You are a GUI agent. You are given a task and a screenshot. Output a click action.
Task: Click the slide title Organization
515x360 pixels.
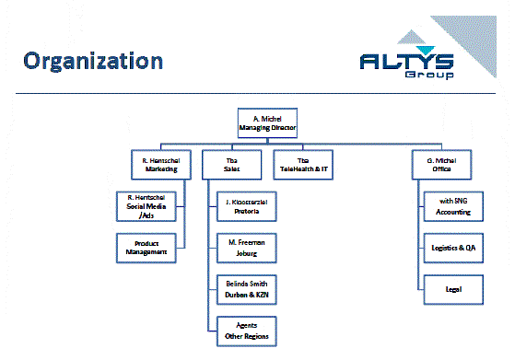(x=94, y=62)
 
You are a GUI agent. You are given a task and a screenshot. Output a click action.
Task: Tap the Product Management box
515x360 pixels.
(x=146, y=246)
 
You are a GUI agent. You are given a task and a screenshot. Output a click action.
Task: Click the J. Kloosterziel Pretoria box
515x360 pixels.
(x=246, y=205)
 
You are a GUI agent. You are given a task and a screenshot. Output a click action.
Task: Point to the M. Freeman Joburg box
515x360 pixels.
(x=246, y=246)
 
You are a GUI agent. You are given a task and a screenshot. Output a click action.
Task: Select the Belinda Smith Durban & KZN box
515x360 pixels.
(x=246, y=289)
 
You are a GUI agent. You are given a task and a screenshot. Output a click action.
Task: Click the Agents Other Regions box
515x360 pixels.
(x=246, y=329)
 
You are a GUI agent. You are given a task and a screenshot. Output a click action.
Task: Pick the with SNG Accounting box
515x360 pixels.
(x=452, y=205)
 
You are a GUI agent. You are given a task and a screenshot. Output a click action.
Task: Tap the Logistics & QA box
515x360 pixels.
(x=452, y=247)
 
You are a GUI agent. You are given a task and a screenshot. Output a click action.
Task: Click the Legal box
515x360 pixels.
(x=452, y=288)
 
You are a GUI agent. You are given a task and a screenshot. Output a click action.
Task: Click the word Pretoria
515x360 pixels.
(x=246, y=212)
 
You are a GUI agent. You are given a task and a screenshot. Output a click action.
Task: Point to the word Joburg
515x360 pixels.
(x=246, y=252)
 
